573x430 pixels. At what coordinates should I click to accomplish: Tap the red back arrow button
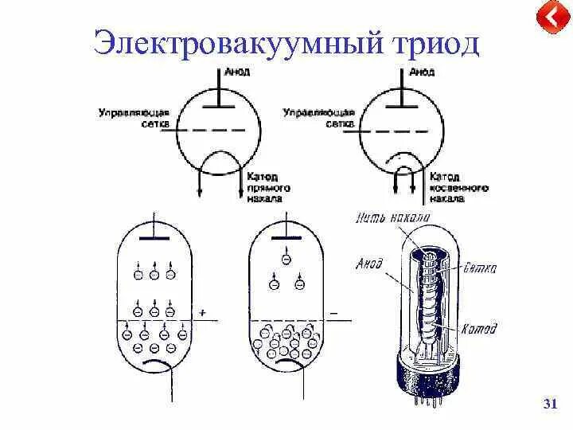tap(549, 18)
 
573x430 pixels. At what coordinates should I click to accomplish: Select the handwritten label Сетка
tap(479, 268)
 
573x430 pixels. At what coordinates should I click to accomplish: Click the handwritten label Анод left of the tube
tap(369, 263)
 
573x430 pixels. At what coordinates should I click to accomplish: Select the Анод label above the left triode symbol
tap(236, 72)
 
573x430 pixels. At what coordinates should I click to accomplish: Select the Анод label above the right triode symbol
tap(421, 72)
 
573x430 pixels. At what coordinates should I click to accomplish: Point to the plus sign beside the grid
tap(202, 313)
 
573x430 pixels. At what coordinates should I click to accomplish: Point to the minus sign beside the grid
tap(333, 313)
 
